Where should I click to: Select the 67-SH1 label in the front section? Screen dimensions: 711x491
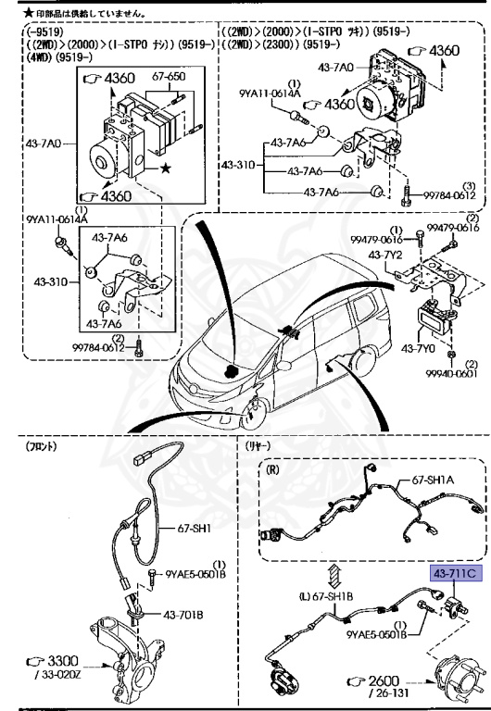coord(195,530)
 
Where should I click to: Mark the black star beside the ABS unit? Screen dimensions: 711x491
coord(166,168)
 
